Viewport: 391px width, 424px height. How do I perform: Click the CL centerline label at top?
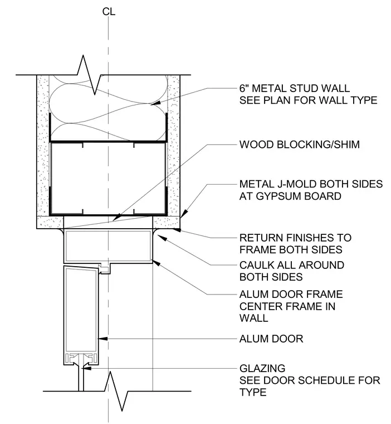(x=109, y=12)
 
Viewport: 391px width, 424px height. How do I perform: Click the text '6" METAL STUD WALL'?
(x=295, y=88)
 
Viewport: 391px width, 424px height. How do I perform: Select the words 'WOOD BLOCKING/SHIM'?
(x=300, y=144)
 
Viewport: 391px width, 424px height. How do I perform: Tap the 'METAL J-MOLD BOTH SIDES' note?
(x=311, y=184)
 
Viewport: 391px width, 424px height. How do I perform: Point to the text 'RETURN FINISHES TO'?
(x=295, y=238)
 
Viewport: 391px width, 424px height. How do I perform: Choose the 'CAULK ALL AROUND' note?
(x=292, y=265)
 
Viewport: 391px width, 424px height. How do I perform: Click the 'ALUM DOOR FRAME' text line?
(x=291, y=294)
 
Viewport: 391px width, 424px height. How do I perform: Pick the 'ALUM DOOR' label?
(x=271, y=339)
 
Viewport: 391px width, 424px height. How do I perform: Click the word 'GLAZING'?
(x=262, y=368)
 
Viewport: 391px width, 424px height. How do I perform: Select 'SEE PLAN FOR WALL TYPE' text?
(x=309, y=100)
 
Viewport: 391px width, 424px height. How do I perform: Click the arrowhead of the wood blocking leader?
(x=116, y=218)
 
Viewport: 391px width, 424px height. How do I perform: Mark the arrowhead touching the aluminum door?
(x=103, y=339)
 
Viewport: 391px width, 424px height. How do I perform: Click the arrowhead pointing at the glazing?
(x=87, y=368)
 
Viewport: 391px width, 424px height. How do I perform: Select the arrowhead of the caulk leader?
(x=161, y=238)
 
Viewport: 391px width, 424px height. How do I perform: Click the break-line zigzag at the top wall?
(x=89, y=75)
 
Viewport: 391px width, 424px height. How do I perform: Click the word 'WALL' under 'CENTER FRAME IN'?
(x=254, y=318)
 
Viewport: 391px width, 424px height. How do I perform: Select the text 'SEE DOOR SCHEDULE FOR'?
(x=310, y=380)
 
